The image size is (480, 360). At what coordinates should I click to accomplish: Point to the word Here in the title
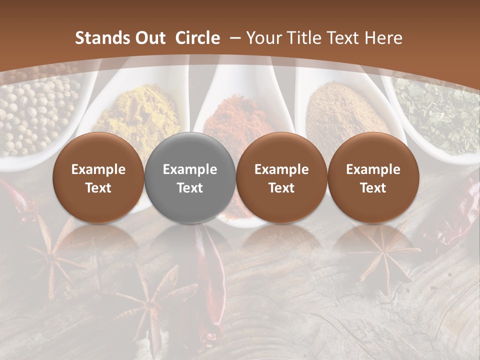383,38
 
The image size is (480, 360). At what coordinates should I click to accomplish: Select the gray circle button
190,178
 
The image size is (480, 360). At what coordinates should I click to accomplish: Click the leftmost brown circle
98,178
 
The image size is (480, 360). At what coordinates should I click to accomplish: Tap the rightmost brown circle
373,178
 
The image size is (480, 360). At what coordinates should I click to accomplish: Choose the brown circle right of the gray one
281,178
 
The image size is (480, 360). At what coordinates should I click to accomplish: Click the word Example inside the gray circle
190,169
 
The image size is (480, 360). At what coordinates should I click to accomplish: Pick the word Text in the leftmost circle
98,188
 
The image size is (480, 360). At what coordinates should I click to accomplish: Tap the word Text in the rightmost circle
373,188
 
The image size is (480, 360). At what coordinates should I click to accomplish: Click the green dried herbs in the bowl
440,110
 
